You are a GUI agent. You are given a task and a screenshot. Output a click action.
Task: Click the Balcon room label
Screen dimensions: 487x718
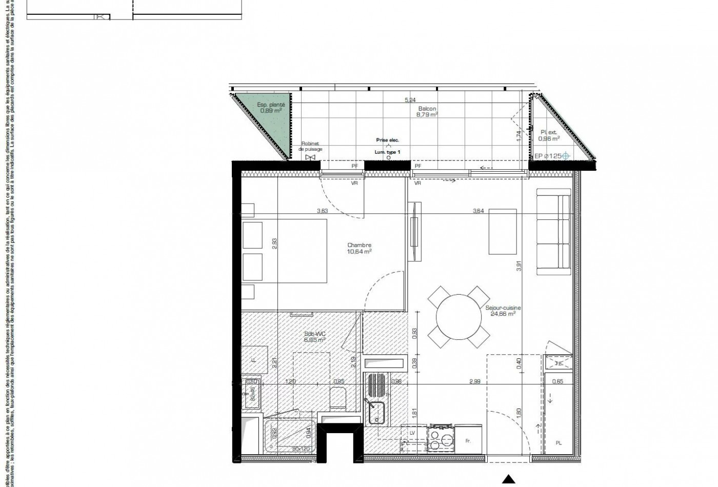(x=427, y=109)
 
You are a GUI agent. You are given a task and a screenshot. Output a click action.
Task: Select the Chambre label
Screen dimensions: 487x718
(x=359, y=246)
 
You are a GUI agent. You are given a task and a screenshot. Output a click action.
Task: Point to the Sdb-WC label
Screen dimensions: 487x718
(x=315, y=334)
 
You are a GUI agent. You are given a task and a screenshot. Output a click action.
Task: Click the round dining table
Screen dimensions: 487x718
(x=458, y=316)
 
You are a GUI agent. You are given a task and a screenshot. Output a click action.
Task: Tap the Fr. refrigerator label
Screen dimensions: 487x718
(x=468, y=441)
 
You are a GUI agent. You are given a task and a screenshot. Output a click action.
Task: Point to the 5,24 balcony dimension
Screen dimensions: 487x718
(x=409, y=100)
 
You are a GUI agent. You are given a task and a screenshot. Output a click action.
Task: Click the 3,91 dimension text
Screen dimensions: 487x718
(x=520, y=266)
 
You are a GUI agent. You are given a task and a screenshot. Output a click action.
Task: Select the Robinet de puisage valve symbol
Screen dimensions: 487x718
(x=310, y=157)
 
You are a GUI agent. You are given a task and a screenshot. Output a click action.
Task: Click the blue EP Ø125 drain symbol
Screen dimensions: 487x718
(x=565, y=156)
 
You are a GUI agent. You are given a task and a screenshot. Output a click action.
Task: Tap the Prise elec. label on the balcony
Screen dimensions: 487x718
(x=387, y=140)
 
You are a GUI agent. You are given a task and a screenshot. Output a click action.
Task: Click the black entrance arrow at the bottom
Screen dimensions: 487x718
(x=508, y=480)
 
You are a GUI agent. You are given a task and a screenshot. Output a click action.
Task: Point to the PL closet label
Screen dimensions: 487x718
(x=559, y=442)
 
